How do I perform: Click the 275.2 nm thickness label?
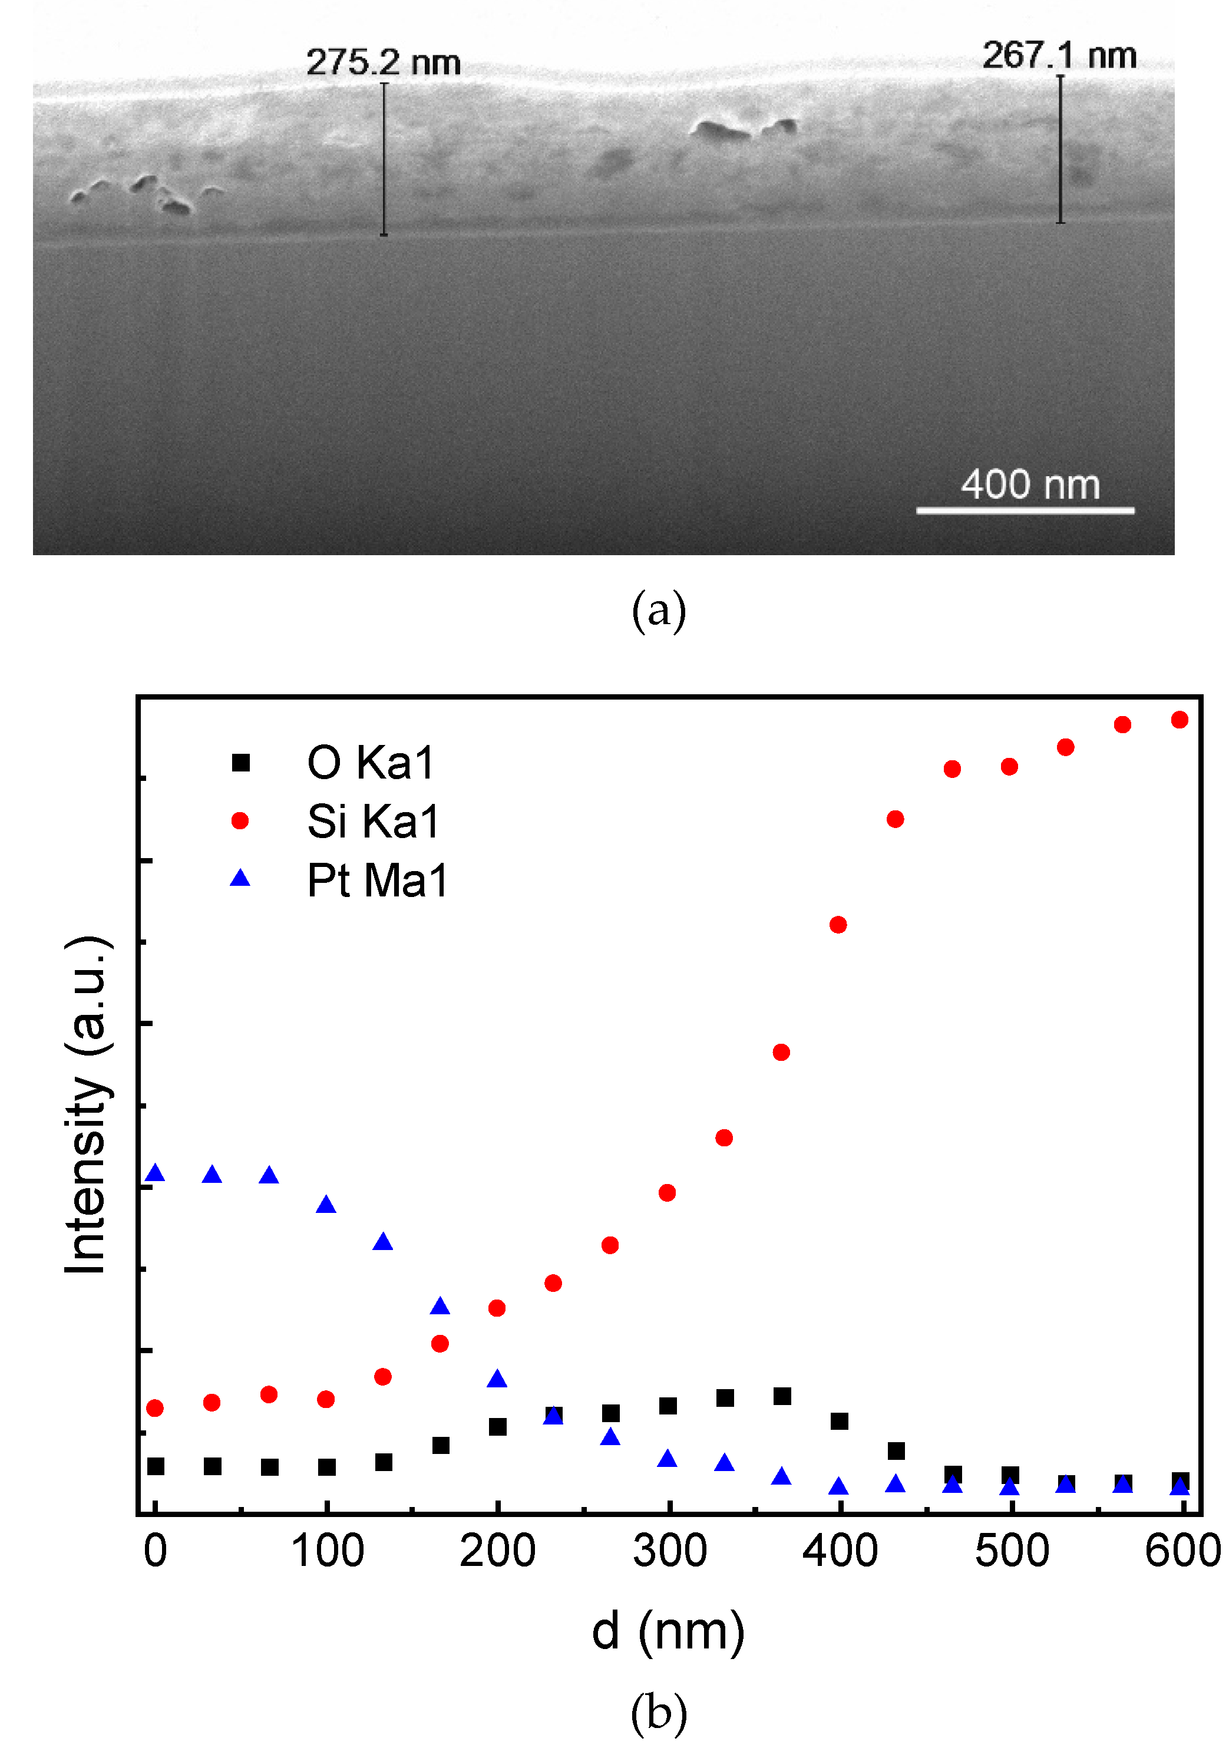[x=384, y=62]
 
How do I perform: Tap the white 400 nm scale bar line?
[x=1025, y=510]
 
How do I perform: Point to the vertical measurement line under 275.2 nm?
[x=384, y=160]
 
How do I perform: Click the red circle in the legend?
[x=240, y=820]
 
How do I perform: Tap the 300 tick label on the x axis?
[x=669, y=1552]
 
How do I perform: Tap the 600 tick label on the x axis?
[x=1182, y=1552]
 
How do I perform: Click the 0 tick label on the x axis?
[x=156, y=1552]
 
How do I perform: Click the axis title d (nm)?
[x=668, y=1632]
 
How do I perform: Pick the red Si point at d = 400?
[x=838, y=925]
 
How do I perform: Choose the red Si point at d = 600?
[x=1180, y=720]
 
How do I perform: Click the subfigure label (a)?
[x=659, y=611]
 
